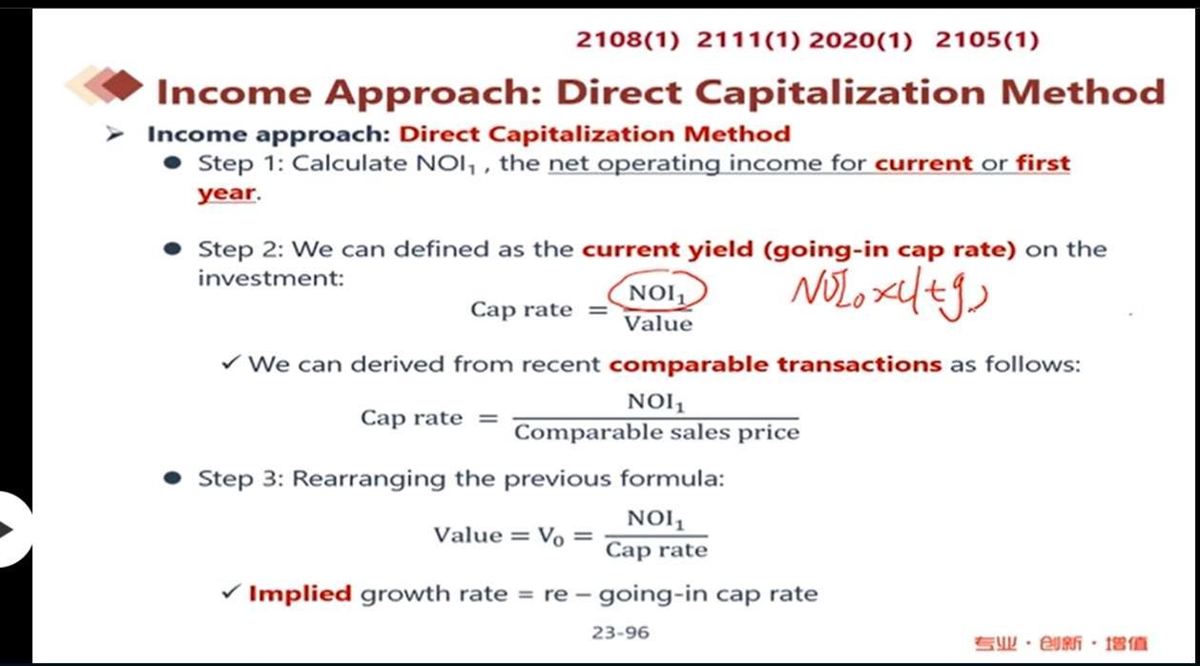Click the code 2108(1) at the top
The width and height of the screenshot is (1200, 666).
click(628, 40)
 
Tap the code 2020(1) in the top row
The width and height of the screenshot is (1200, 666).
click(860, 40)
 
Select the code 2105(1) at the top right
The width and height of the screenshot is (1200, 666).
click(986, 40)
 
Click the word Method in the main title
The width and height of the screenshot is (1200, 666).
click(1083, 93)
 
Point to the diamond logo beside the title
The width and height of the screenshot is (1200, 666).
click(104, 85)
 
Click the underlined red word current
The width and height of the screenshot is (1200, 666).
click(923, 163)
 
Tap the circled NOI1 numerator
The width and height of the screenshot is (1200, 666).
click(657, 293)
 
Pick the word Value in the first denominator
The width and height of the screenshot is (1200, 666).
click(658, 323)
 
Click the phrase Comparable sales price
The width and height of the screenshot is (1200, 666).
click(657, 432)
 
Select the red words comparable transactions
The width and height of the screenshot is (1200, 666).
click(776, 364)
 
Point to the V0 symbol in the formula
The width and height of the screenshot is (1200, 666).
click(551, 535)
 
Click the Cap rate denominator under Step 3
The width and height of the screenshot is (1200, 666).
click(657, 551)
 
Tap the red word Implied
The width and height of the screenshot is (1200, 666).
click(300, 593)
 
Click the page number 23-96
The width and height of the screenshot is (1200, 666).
click(620, 633)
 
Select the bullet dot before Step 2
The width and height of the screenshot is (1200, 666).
click(173, 249)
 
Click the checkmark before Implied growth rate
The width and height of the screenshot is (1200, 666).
click(230, 592)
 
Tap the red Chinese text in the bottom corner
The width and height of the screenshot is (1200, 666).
click(1061, 643)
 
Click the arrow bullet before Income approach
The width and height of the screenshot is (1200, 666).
click(114, 134)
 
